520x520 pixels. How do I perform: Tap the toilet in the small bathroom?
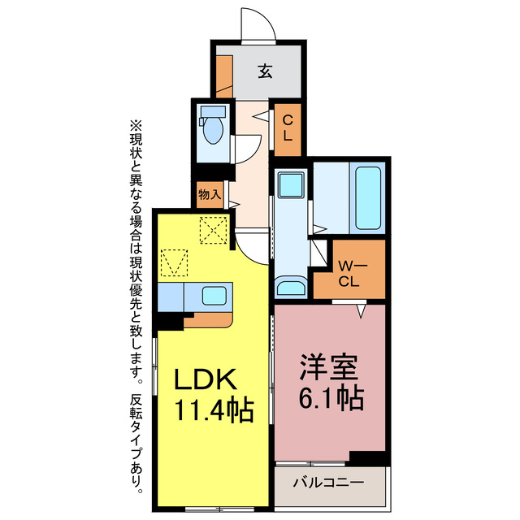tap(213, 130)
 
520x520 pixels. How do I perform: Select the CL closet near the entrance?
tap(288, 128)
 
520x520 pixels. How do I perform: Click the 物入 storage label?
tap(209, 195)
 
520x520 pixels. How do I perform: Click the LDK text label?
tap(206, 379)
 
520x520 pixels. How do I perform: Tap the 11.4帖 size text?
tap(213, 407)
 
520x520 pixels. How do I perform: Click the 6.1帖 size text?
tap(328, 399)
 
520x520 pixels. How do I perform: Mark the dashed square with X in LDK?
tap(214, 231)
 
